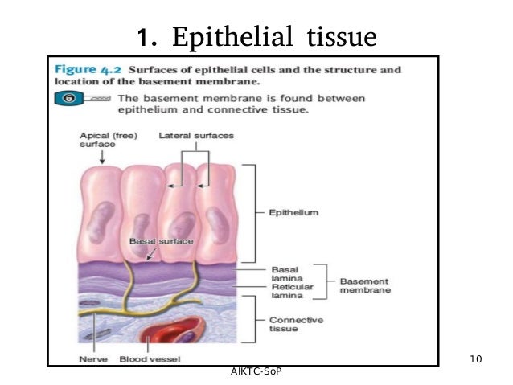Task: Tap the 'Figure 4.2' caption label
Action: tap(89, 70)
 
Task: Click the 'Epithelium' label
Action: tap(294, 213)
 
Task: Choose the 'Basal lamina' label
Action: tap(285, 275)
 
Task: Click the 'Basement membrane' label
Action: tap(365, 285)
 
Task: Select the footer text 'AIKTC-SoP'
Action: tap(256, 371)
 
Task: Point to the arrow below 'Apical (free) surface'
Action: tap(101, 158)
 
